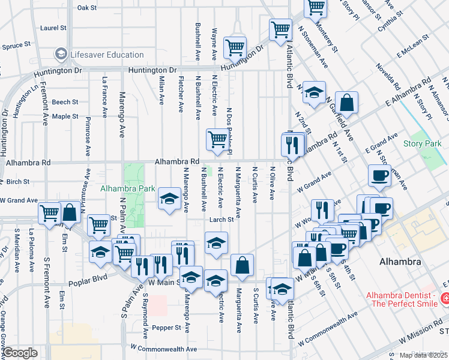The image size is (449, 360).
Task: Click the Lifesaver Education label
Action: pos(106,55)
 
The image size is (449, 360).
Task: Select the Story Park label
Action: pos(422,143)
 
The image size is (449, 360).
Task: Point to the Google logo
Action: pos(20,353)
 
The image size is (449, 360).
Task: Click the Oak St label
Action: pos(87,8)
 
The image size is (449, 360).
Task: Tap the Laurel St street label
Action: pos(53,28)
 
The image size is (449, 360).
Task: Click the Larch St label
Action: pos(221,220)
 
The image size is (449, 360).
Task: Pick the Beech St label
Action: pos(65,102)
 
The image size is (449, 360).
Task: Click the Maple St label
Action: pos(65,116)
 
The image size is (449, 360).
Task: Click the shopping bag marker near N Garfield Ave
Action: pos(346,103)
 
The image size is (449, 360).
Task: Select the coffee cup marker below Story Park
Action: pos(379,175)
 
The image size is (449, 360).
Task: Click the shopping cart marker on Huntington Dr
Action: pos(235,47)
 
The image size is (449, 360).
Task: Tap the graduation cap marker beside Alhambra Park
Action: pos(170,199)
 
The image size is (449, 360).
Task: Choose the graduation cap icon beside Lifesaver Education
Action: pos(60,55)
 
